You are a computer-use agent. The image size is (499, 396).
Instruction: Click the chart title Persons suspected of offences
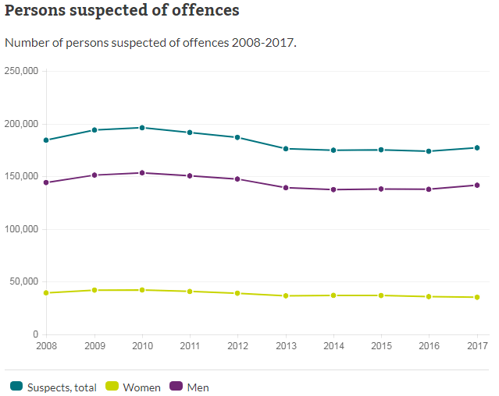(x=122, y=11)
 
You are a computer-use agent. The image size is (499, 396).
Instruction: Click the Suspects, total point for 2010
(x=142, y=128)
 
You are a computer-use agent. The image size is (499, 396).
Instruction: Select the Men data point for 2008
(x=47, y=182)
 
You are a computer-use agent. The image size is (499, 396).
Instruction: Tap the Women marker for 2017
(x=476, y=297)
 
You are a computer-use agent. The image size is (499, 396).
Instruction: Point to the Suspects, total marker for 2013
(x=285, y=149)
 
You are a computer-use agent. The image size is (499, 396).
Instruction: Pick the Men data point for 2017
(x=476, y=185)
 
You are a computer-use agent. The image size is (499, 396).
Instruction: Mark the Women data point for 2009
(x=94, y=290)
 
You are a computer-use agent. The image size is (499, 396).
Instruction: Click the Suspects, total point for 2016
(x=429, y=151)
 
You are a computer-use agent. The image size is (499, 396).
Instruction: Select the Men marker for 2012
(x=237, y=179)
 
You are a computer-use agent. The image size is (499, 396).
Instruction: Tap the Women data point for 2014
(x=333, y=295)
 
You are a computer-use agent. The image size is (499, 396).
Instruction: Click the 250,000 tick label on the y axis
(x=22, y=71)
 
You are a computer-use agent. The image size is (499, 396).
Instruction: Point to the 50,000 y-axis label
(x=24, y=281)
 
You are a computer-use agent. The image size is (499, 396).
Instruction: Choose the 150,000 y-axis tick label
(x=22, y=176)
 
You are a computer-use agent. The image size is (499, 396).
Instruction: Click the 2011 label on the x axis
(x=190, y=344)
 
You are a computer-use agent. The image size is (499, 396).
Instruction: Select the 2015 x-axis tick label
(x=380, y=344)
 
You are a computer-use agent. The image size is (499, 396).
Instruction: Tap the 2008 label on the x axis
(x=47, y=344)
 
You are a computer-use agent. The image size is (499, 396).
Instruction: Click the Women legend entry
(x=134, y=387)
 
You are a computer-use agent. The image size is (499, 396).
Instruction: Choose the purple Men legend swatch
(x=176, y=387)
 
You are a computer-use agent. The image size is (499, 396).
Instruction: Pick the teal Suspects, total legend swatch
(x=16, y=387)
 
